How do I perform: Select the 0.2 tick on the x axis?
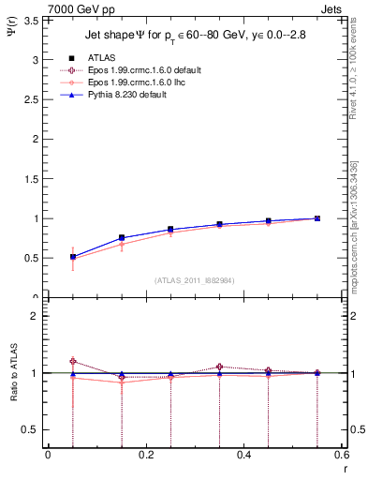tap(145, 455)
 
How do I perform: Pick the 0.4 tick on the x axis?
tap(243, 455)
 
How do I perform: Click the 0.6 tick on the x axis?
tap(341, 455)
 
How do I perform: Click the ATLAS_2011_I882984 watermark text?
tap(194, 279)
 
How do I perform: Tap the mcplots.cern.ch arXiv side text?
tap(355, 219)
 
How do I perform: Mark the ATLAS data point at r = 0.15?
tap(122, 238)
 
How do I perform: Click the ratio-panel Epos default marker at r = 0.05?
tap(73, 361)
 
